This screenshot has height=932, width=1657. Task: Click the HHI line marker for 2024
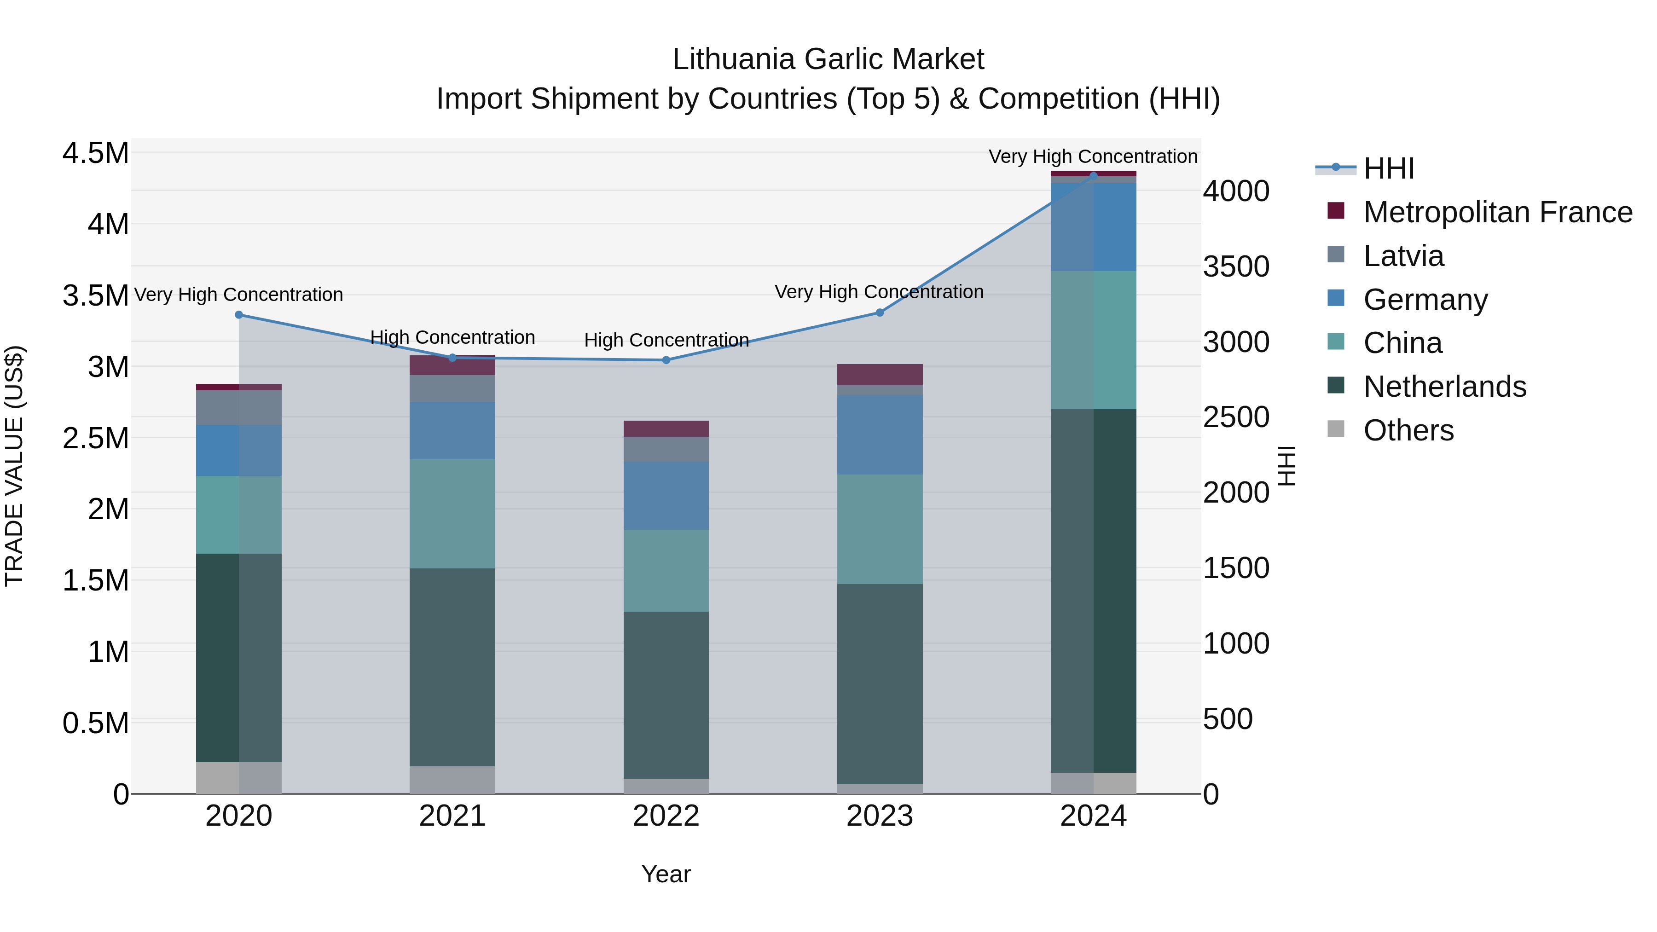coord(1094,176)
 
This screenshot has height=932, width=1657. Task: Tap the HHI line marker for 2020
coord(238,314)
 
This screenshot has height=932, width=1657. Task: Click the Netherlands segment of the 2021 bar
coord(452,666)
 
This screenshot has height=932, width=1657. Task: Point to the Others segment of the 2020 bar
coord(238,778)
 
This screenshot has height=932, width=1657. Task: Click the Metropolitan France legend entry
coord(1497,212)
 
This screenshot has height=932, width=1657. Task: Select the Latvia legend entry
coord(1403,256)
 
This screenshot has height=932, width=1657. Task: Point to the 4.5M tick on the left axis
coord(95,154)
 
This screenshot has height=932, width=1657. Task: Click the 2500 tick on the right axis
coord(1236,417)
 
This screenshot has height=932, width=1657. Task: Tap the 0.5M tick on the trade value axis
coord(95,723)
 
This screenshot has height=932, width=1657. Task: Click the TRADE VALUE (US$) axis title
coord(14,466)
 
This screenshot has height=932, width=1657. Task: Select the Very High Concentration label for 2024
coord(1092,156)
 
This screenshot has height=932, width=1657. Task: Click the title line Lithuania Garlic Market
coord(828,59)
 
